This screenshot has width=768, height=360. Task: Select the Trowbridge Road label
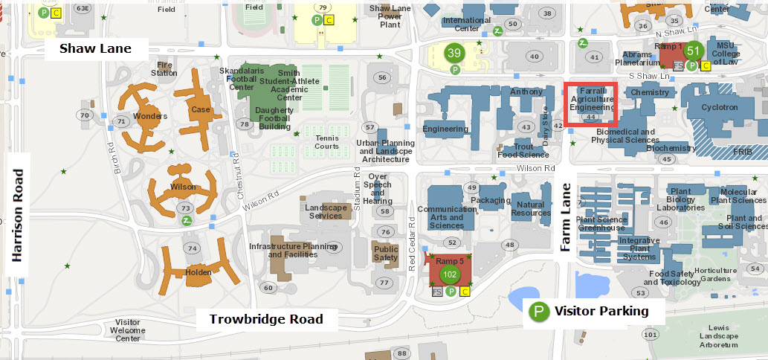point(266,319)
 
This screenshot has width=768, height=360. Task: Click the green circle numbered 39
point(454,53)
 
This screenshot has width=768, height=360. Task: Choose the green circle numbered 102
point(449,274)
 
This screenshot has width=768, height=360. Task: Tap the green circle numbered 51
point(693,51)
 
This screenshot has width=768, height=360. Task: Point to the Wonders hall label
point(149,116)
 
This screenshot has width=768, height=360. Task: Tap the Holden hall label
point(199,271)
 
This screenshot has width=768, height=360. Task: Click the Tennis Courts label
point(326,141)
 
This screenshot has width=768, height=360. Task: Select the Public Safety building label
point(386,254)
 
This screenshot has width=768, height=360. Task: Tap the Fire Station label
point(164,69)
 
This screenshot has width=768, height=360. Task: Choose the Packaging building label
point(490,200)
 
